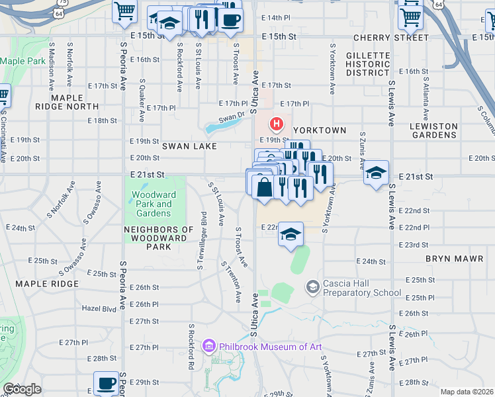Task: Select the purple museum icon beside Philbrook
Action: coord(210,346)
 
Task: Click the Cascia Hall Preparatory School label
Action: coord(361,288)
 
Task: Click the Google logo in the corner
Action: coord(22,389)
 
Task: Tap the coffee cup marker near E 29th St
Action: coord(106,382)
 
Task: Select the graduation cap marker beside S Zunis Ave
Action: coord(376,173)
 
